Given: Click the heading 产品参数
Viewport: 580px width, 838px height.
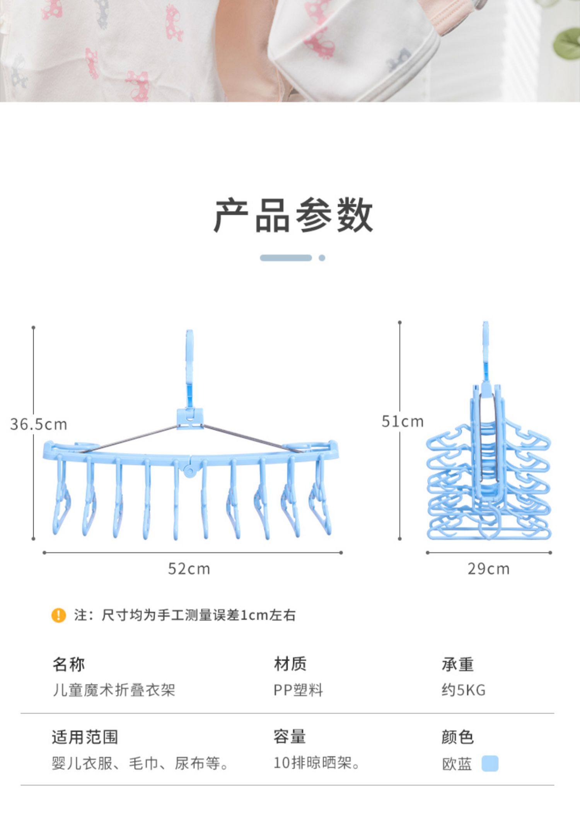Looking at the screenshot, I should pos(293,215).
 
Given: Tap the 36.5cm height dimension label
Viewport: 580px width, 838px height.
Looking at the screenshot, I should pos(39,424).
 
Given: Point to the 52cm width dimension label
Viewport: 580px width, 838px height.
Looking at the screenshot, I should pos(189,569).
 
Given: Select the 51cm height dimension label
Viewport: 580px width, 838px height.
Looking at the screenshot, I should pos(403,421).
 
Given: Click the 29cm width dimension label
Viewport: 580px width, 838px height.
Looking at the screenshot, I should pos(488,569).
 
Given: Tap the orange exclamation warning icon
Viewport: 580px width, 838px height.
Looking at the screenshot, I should pos(58,615).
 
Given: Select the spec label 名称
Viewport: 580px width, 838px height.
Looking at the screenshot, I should pos(68,664).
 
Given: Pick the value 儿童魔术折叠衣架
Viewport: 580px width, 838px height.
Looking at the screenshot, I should pos(114,690).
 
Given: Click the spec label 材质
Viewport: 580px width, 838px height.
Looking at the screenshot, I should pos(290,664).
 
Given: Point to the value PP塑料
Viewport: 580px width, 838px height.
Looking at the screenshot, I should pos(298,690).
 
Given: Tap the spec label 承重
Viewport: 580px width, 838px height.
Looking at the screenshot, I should pos(457,664).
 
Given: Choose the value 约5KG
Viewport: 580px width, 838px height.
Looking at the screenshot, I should pos(463,690).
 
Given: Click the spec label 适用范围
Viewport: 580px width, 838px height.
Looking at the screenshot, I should pos(85,737).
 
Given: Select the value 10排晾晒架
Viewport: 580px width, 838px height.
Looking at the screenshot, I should pos(316,763).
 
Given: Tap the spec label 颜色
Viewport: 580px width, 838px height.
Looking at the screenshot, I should pos(457,737).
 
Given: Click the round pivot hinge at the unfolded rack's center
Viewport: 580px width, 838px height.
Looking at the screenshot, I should pos(189,470).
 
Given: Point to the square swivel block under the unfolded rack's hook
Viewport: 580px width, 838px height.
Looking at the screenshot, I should pos(190,418).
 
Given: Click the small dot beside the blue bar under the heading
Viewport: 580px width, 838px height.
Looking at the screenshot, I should pos(322,258).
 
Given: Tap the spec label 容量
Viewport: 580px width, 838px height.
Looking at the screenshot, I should pos(290,737).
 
